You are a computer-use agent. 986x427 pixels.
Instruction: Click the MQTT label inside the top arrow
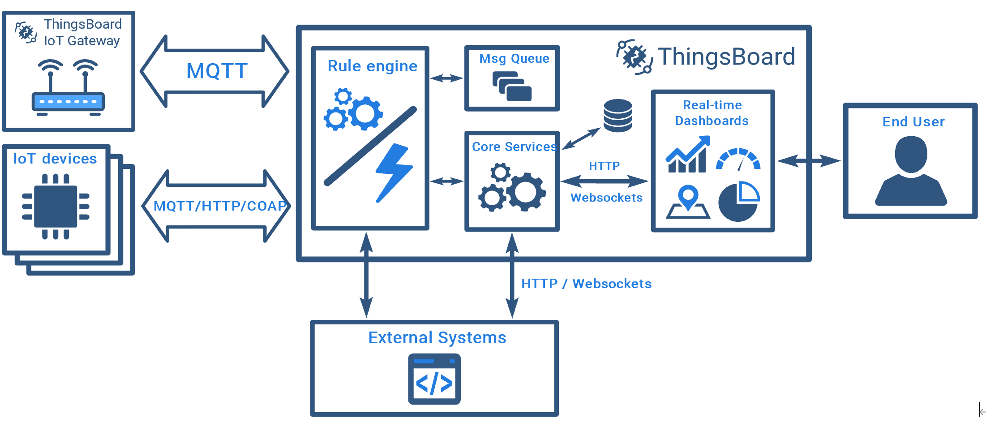(217, 71)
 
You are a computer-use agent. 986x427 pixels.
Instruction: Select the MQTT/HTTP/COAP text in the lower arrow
(219, 206)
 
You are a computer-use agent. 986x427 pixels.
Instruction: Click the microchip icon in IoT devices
(56, 207)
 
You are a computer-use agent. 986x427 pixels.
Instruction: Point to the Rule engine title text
(372, 66)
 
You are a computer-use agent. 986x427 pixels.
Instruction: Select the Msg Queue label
(514, 59)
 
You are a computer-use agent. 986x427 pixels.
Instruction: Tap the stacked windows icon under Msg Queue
(512, 87)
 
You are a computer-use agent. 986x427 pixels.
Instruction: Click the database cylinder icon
(617, 115)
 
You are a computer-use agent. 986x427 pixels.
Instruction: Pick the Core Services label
(514, 147)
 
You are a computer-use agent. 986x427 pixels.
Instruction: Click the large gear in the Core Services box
(526, 192)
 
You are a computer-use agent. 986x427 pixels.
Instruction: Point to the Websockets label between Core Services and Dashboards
(606, 198)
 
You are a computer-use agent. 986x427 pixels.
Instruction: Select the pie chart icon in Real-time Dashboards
(739, 202)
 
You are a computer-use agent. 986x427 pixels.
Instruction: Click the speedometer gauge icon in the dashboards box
(738, 160)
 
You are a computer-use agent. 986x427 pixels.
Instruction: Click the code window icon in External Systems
(434, 379)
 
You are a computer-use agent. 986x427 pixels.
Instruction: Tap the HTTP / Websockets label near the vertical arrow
(586, 284)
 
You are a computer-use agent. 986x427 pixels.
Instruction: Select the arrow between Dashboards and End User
(809, 160)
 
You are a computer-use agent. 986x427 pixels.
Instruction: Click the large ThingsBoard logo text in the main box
(726, 57)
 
